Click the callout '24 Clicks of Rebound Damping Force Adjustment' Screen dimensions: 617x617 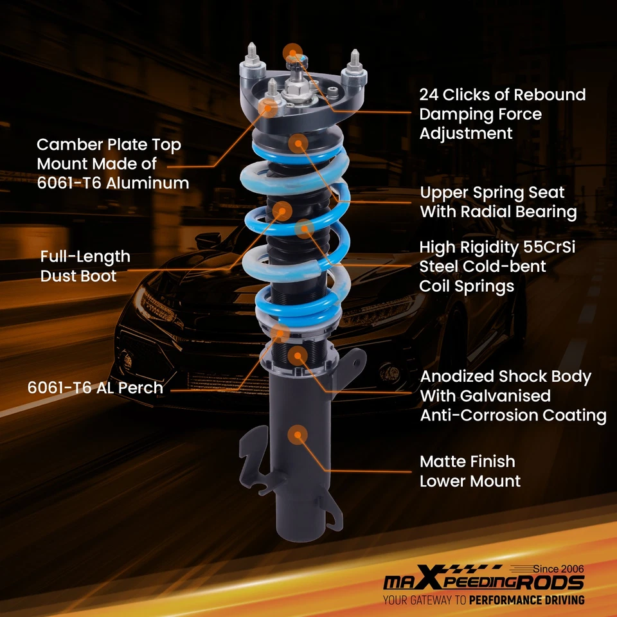pos(502,114)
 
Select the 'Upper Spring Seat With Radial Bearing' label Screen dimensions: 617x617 pos(498,202)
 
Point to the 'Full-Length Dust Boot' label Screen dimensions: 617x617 pos(85,266)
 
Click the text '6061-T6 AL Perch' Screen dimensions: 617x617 pos(95,388)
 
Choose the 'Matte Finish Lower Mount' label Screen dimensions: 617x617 pos(470,471)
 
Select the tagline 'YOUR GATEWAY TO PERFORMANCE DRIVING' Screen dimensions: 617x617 pos(483,600)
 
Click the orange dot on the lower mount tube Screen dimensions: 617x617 pos(297,435)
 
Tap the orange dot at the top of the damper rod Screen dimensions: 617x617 pos(292,52)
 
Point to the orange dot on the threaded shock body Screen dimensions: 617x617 pos(297,355)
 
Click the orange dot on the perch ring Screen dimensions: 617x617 pos(280,332)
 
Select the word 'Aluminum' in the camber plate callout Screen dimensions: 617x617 pos(148,183)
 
